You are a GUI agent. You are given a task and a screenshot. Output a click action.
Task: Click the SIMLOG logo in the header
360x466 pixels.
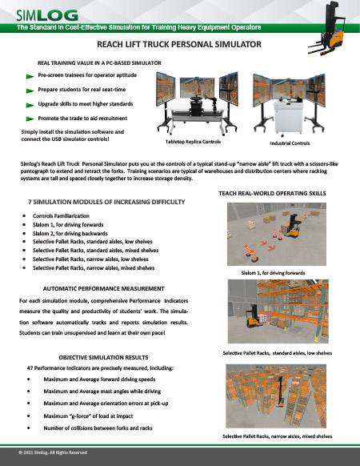click(x=33, y=13)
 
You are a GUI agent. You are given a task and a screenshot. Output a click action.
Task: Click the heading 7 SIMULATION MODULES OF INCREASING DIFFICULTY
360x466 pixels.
click(x=102, y=203)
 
